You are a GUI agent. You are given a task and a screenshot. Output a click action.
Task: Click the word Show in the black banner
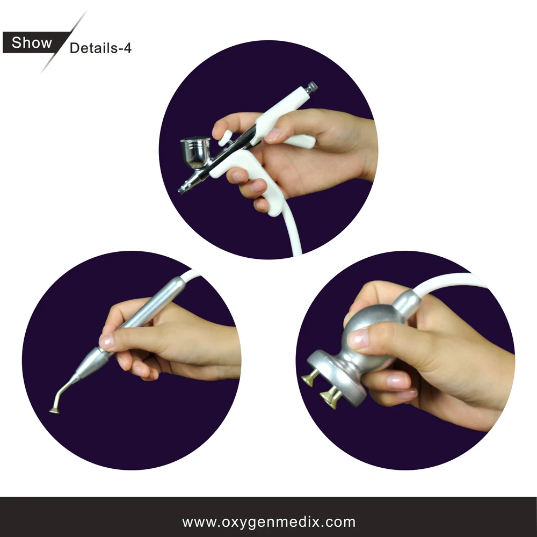tap(32, 42)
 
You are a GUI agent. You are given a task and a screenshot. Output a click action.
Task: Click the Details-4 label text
tap(100, 48)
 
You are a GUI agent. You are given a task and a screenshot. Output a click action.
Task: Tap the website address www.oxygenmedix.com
tap(268, 521)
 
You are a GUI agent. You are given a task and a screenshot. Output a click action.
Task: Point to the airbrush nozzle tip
tap(183, 190)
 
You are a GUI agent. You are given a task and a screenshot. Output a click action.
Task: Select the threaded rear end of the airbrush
tap(311, 86)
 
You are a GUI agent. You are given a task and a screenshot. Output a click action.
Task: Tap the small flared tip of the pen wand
tap(54, 410)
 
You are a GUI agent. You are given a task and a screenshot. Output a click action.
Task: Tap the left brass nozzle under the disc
tap(309, 380)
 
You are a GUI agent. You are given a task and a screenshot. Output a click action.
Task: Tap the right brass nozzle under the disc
tap(328, 397)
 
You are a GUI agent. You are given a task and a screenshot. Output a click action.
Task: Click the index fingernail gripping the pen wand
tap(107, 340)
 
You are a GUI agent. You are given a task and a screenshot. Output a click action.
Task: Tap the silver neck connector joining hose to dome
tap(409, 301)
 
